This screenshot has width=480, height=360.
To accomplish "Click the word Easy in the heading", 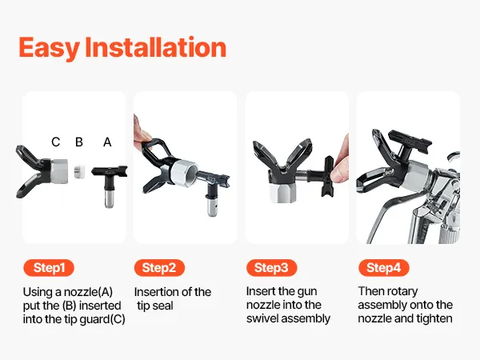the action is pyautogui.click(x=49, y=48).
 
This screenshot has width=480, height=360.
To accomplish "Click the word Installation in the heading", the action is pyautogui.click(x=156, y=47).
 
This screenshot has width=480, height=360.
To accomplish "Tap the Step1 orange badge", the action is pyautogui.click(x=49, y=268).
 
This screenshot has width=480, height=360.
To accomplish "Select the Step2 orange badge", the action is pyautogui.click(x=159, y=268).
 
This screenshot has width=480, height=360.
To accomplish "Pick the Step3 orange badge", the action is pyautogui.click(x=271, y=268).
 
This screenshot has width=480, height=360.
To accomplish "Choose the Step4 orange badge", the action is pyautogui.click(x=384, y=268).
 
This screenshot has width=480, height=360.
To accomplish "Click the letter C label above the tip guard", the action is pyautogui.click(x=56, y=142).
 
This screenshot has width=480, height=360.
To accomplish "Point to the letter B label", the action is pyautogui.click(x=79, y=142).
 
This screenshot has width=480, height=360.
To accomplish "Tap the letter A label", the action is pyautogui.click(x=107, y=142).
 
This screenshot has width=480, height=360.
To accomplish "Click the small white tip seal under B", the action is pyautogui.click(x=79, y=171).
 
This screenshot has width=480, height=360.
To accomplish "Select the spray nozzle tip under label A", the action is pyautogui.click(x=110, y=183).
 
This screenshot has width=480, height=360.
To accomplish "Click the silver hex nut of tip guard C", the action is pyautogui.click(x=58, y=171).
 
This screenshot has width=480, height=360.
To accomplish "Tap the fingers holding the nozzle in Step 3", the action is pyautogui.click(x=341, y=166).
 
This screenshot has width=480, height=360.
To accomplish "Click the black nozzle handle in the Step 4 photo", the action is pyautogui.click(x=410, y=142).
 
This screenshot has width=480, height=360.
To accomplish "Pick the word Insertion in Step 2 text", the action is pyautogui.click(x=157, y=292).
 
